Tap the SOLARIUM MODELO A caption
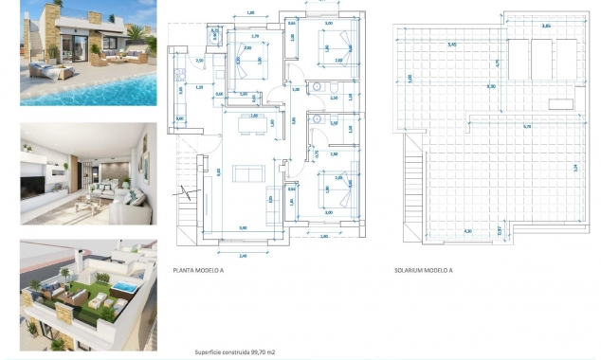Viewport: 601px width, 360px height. (x=423, y=270)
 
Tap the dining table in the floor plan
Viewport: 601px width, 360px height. (x=249, y=120)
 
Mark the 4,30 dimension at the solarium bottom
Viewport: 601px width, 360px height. (x=467, y=230)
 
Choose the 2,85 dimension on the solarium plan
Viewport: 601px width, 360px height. (x=545, y=27)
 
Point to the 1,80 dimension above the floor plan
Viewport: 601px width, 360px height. (x=249, y=12)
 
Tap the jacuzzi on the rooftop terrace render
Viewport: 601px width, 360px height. (x=124, y=283)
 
